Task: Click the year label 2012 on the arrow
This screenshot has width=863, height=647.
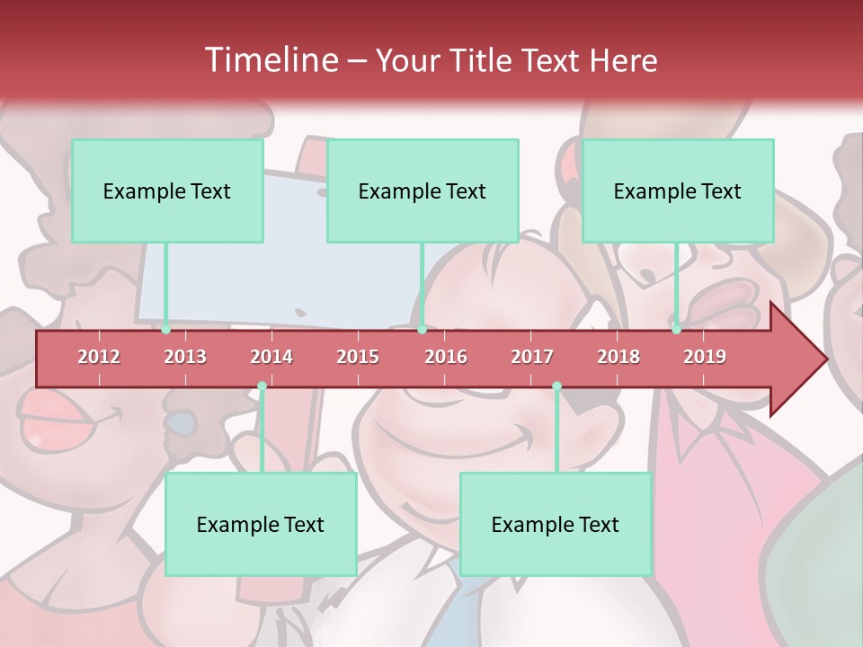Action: [99, 357]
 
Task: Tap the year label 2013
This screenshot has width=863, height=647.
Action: [185, 357]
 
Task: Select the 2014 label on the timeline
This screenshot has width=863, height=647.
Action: [271, 357]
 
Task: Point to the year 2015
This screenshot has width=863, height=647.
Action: [358, 357]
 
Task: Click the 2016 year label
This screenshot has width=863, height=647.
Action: [446, 357]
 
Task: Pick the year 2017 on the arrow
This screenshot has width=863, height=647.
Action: [532, 357]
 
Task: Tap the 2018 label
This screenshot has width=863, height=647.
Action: [618, 357]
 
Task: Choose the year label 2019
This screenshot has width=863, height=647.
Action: [705, 357]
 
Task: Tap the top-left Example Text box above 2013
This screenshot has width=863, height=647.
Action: [167, 191]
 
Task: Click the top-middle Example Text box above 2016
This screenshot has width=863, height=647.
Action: [423, 191]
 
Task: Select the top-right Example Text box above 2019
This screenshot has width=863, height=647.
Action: [678, 191]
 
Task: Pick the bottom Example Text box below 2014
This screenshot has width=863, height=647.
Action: [261, 524]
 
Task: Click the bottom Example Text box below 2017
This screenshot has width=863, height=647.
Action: [556, 524]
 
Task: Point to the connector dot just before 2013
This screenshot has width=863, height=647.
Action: [166, 330]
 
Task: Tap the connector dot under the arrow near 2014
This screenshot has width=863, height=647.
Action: [262, 386]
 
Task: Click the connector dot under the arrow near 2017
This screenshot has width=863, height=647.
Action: [556, 386]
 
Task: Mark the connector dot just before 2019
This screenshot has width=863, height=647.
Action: [677, 330]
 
